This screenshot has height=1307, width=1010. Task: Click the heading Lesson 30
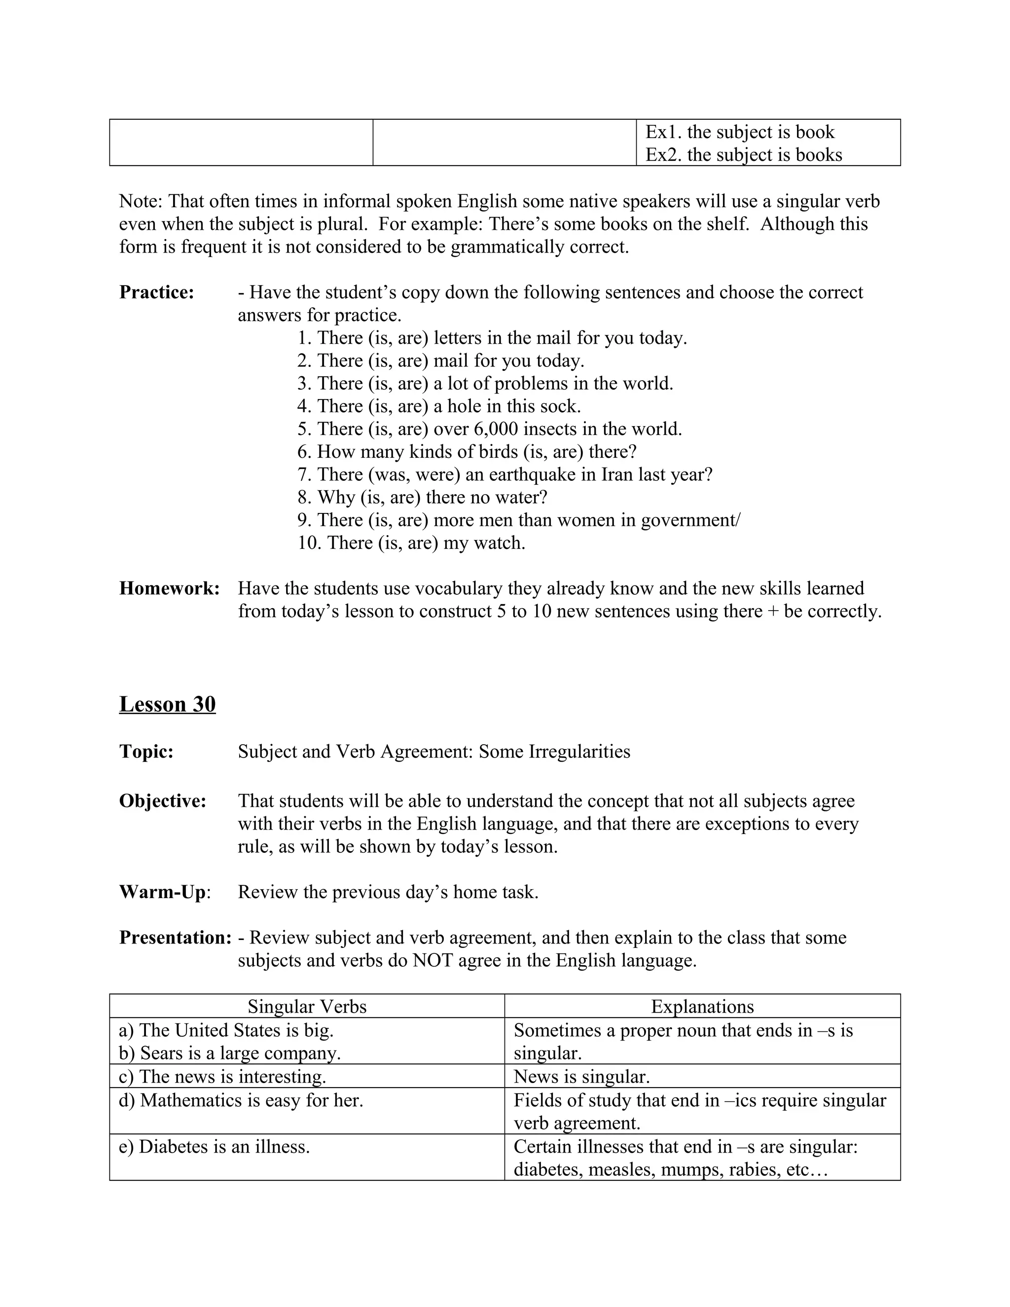click(167, 704)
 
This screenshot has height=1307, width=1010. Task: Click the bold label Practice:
click(156, 292)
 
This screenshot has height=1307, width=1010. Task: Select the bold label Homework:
click(169, 588)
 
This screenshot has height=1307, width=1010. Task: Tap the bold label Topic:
click(146, 752)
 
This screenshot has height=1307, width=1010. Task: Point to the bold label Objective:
click(163, 801)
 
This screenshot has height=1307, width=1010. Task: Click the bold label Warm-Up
click(162, 892)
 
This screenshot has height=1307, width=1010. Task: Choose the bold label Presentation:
click(175, 938)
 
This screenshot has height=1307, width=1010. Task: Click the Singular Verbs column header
click(306, 1007)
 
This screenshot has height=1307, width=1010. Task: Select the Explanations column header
click(702, 1007)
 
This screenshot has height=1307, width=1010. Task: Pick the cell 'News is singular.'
click(581, 1077)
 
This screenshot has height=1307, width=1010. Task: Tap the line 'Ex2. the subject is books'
click(743, 155)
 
